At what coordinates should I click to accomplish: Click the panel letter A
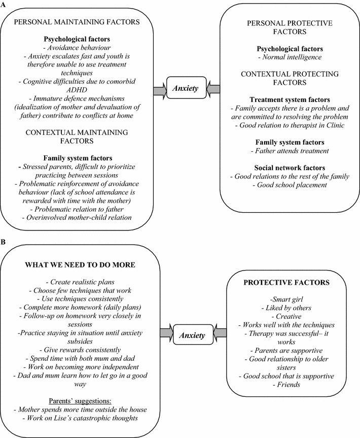(4, 4)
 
